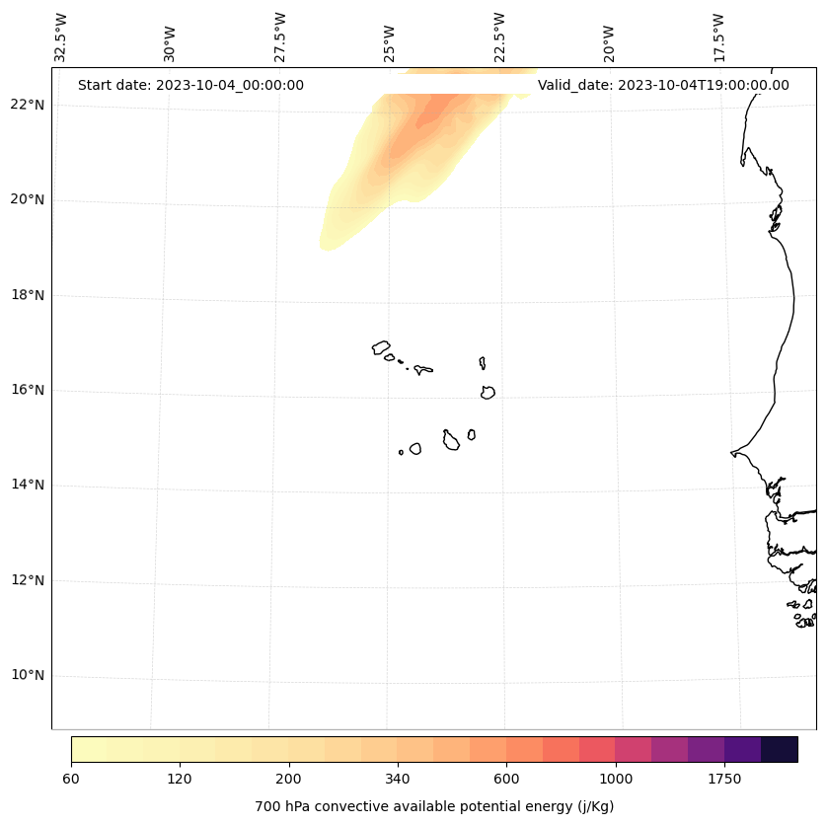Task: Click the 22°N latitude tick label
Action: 28,105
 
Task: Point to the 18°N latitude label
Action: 28,295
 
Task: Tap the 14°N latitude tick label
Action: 28,485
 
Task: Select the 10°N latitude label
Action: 28,675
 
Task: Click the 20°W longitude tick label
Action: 609,41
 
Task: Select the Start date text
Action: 190,85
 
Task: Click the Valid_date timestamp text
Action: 663,85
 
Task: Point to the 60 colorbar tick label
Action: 71,780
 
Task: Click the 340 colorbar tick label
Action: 398,780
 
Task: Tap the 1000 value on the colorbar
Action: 616,780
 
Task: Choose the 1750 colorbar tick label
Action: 724,780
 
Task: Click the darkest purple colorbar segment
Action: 780,749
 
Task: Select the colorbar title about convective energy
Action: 434,806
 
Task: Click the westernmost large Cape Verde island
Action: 381,347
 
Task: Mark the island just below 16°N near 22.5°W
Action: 488,392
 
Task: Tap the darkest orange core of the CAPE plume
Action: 434,113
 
